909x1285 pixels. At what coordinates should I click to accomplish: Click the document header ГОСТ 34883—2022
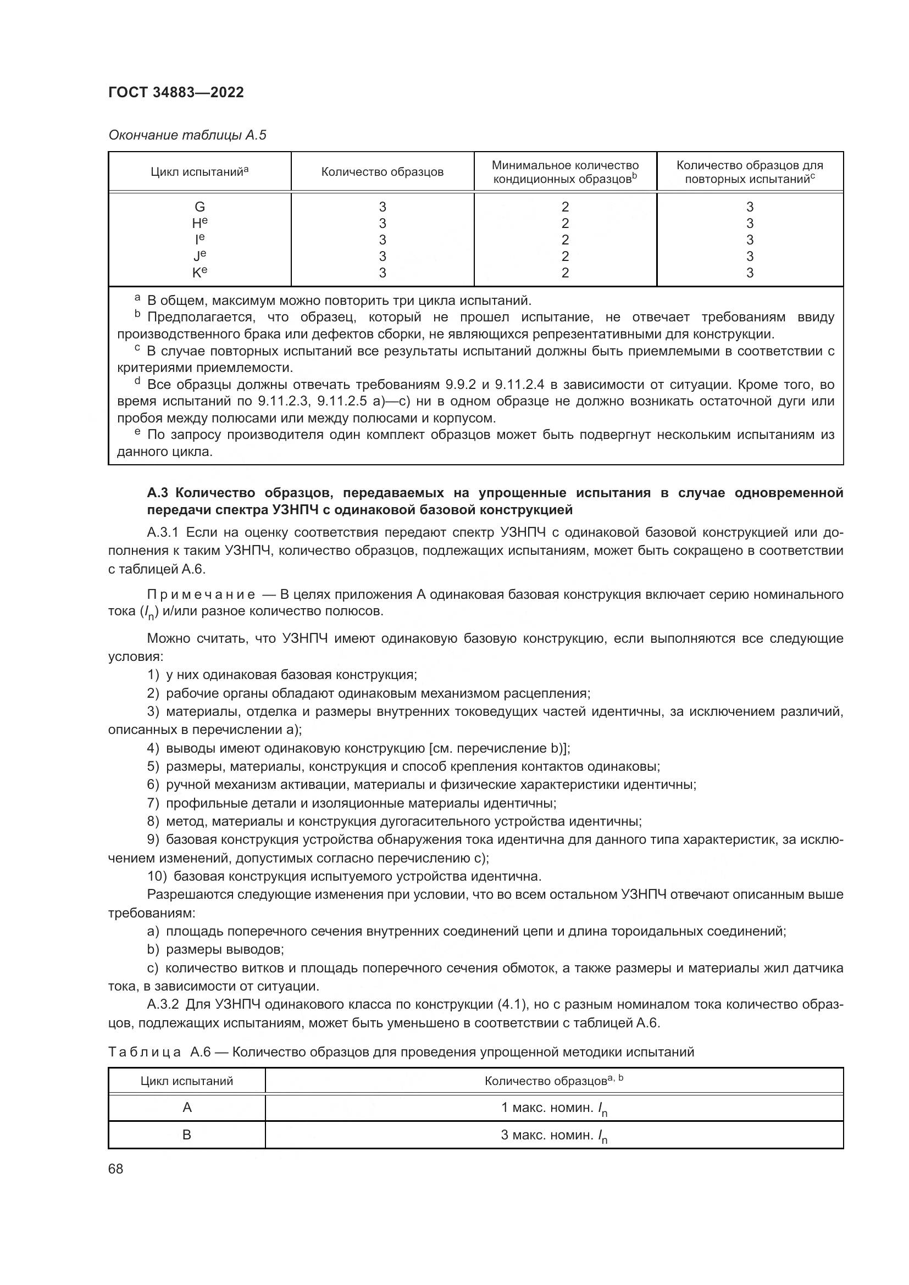176,92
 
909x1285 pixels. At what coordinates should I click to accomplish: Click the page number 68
116,1169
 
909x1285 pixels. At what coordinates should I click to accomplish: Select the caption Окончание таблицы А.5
187,135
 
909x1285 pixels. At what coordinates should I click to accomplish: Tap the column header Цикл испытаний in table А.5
199,172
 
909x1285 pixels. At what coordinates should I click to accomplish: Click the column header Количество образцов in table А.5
383,172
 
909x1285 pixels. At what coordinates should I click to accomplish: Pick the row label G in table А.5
199,207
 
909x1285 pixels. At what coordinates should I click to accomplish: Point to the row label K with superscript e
199,272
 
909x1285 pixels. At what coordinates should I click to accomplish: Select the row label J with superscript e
199,256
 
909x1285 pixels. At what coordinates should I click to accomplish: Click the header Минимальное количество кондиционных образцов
565,172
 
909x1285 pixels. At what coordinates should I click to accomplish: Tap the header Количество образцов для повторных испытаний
750,172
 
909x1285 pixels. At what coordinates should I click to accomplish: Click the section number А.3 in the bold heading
158,493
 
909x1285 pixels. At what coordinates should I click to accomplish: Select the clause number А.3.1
163,532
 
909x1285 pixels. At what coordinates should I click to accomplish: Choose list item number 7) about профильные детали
153,803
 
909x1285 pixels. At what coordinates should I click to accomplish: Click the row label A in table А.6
187,1108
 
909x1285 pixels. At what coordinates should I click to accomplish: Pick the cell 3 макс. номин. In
553,1136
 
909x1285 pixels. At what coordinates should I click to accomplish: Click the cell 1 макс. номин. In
553,1108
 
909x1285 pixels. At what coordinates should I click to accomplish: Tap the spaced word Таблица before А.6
145,1052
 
